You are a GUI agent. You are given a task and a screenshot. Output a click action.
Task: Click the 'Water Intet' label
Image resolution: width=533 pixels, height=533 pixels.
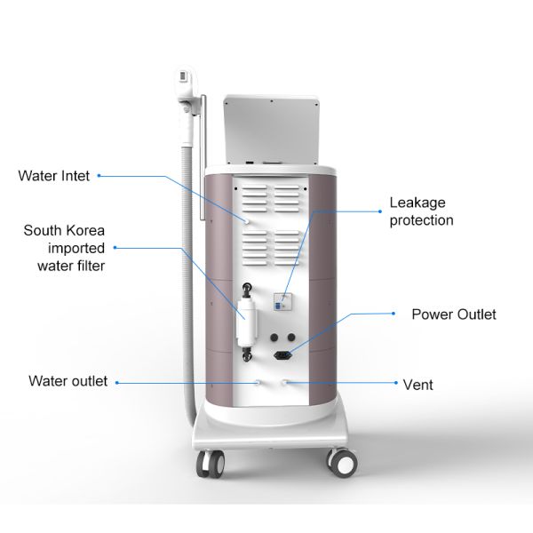pos(54,176)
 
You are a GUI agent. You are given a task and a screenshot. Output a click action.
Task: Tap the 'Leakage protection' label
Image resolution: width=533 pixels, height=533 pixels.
pos(421,211)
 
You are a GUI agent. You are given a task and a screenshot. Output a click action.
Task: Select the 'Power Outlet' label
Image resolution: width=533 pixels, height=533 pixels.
pos(454,314)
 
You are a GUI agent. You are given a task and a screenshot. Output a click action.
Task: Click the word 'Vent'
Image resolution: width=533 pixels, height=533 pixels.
pos(418,385)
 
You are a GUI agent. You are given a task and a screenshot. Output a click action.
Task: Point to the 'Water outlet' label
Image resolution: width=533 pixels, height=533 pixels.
pos(68,381)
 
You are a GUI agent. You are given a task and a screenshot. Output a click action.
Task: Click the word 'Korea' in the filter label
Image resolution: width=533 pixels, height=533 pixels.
pos(87,231)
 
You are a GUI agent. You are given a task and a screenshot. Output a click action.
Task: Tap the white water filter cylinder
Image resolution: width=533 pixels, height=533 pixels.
pos(246,322)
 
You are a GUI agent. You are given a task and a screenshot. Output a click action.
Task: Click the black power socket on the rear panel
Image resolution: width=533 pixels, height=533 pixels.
pos(283,355)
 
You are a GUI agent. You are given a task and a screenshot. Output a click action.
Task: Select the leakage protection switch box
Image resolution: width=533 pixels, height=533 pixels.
pos(282,302)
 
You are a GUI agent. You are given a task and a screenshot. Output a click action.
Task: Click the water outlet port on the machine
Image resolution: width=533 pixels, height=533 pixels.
pos(259,382)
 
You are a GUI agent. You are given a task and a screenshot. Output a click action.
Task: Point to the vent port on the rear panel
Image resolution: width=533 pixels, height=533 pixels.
pos(285,382)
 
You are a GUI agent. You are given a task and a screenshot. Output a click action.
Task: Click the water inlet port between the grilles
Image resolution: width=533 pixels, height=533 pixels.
pos(246,221)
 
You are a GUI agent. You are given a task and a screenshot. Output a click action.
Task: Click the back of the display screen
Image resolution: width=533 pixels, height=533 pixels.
pos(271,130)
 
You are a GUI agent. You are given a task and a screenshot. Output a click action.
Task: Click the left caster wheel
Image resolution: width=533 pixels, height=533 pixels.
pos(211,464)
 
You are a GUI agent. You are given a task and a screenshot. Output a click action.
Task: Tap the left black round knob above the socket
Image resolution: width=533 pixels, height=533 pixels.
pos(274,338)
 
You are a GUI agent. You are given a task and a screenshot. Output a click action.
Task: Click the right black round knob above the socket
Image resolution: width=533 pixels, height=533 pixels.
pos(291,338)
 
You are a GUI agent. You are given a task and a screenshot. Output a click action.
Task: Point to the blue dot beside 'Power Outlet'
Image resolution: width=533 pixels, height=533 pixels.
pos(394,314)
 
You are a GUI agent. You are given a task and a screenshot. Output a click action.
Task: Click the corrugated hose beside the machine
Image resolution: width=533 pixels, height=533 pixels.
pos(187,272)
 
